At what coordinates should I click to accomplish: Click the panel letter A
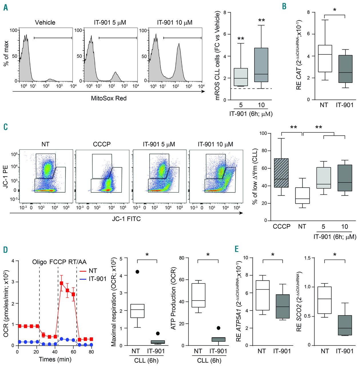5,7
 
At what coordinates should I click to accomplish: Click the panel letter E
236,249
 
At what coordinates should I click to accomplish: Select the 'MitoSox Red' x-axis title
109,98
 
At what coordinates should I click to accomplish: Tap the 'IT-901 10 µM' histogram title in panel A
174,23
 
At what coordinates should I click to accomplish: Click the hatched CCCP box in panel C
281,173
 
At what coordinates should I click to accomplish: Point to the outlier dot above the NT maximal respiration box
138,272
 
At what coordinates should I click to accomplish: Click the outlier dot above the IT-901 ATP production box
218,328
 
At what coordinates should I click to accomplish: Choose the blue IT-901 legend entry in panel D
93,279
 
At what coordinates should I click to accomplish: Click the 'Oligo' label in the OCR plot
39,262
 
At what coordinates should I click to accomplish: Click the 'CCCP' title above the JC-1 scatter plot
102,144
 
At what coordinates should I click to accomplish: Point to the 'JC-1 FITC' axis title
126,219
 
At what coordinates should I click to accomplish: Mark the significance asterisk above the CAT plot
335,10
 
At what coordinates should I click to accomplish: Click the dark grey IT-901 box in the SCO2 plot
345,325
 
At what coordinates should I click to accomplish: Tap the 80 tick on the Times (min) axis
91,352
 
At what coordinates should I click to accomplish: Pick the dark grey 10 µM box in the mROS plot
261,65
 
